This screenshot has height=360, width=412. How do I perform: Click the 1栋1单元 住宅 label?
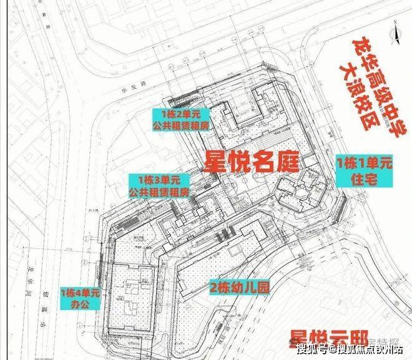(x=364, y=172)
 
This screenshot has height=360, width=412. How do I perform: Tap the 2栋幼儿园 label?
(x=238, y=289)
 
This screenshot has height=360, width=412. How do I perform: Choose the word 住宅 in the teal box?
(x=364, y=180)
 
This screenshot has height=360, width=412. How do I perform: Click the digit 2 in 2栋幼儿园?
(x=214, y=289)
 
